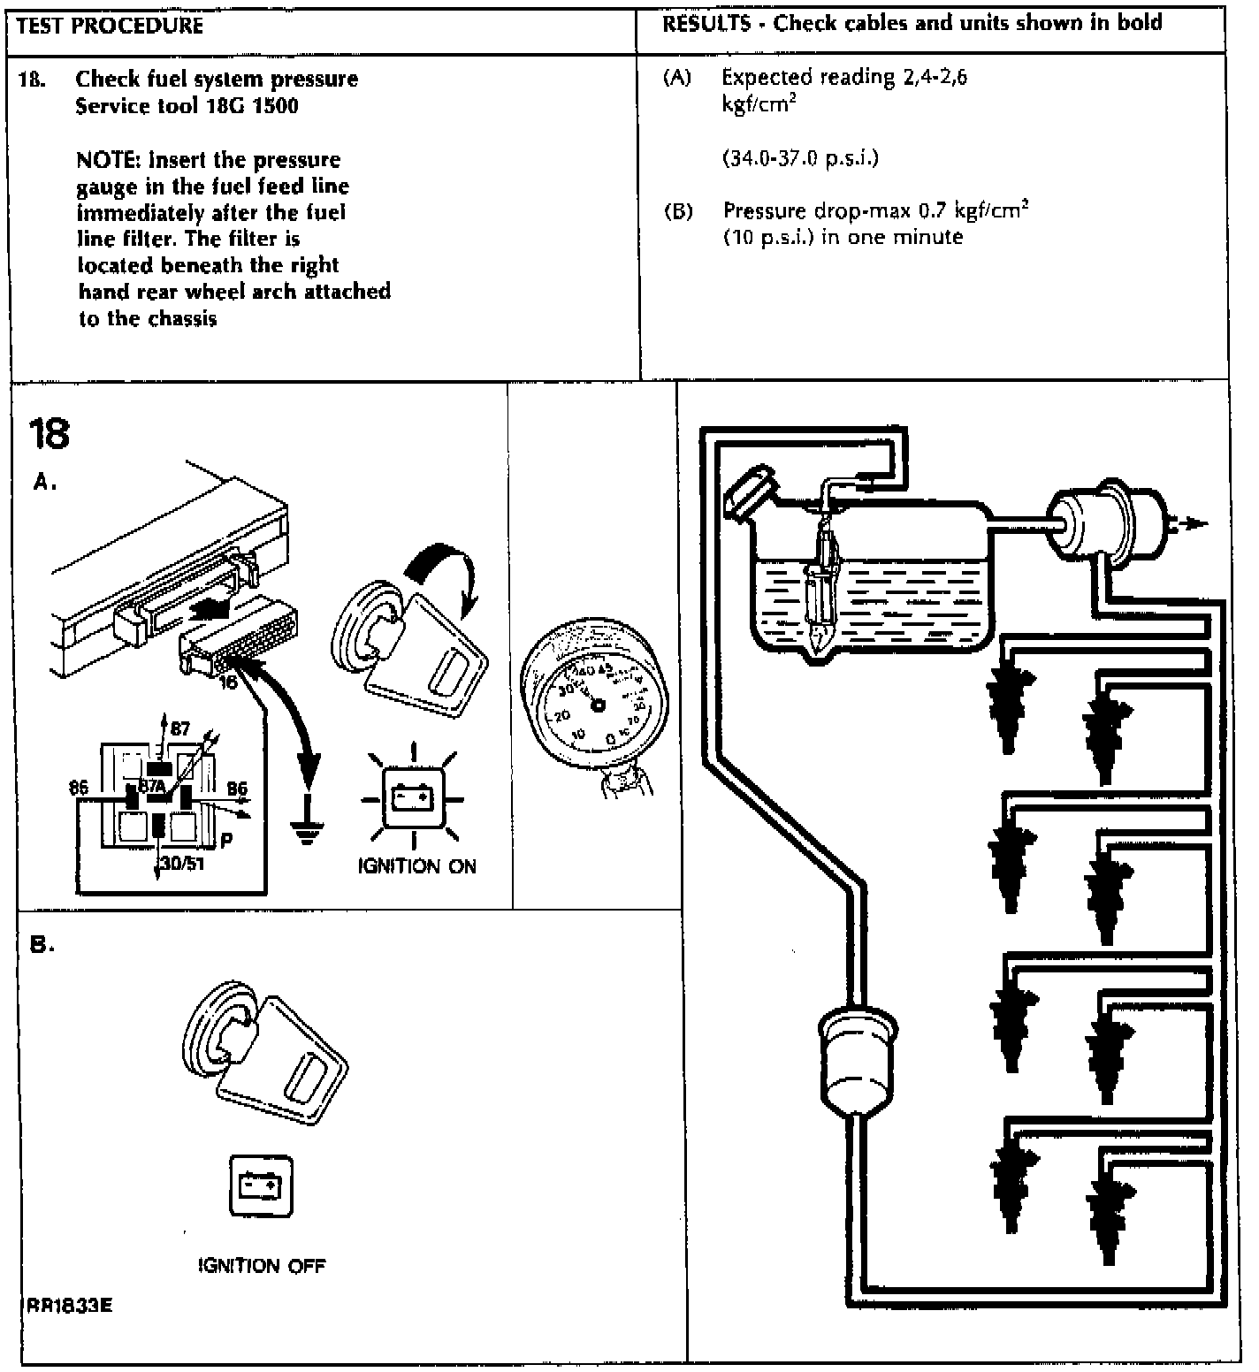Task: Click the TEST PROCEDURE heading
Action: [110, 26]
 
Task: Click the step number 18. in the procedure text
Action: [33, 79]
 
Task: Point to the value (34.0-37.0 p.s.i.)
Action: [800, 158]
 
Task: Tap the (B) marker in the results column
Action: [678, 212]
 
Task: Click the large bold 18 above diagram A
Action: [50, 434]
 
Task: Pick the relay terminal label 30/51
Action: [180, 864]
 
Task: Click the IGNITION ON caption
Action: [416, 866]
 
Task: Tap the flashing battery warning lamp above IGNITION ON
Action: [412, 798]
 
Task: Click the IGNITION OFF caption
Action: [262, 1266]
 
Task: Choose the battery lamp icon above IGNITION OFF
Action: [260, 1185]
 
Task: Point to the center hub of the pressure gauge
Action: [596, 705]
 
